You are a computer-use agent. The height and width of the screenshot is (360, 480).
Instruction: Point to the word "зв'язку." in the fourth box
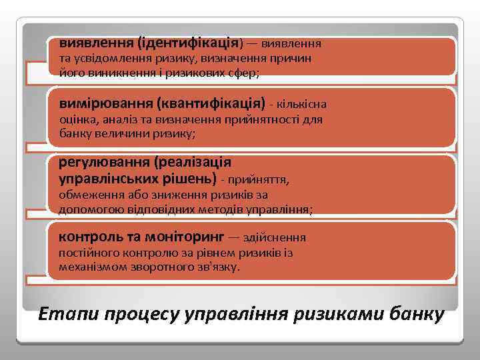pos(219,267)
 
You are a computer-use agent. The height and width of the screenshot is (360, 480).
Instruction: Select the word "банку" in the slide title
pos(416,313)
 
